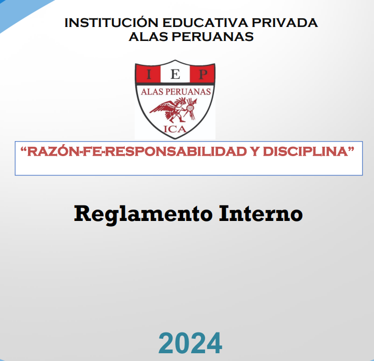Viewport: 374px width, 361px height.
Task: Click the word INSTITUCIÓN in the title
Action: point(111,23)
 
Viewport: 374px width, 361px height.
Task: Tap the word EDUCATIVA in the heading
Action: point(205,23)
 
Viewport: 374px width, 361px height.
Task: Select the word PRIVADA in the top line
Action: point(285,23)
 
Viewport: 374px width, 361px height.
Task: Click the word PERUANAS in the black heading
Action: point(212,37)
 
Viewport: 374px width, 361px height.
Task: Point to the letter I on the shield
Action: point(149,74)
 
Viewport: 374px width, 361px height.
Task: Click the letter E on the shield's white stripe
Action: point(175,74)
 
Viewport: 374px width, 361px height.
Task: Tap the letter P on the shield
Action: point(203,74)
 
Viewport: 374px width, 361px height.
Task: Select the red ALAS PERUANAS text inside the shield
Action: point(176,92)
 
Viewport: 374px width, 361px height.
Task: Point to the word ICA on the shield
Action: point(175,129)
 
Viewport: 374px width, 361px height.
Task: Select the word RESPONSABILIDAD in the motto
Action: point(176,151)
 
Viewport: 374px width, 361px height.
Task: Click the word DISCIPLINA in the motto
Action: point(306,151)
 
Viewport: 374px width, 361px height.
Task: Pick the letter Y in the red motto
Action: point(255,151)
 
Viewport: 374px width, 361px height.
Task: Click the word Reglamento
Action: point(143,214)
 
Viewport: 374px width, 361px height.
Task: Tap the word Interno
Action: point(261,214)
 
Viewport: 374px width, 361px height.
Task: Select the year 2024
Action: point(190,343)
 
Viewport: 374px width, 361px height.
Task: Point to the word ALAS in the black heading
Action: point(148,37)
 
